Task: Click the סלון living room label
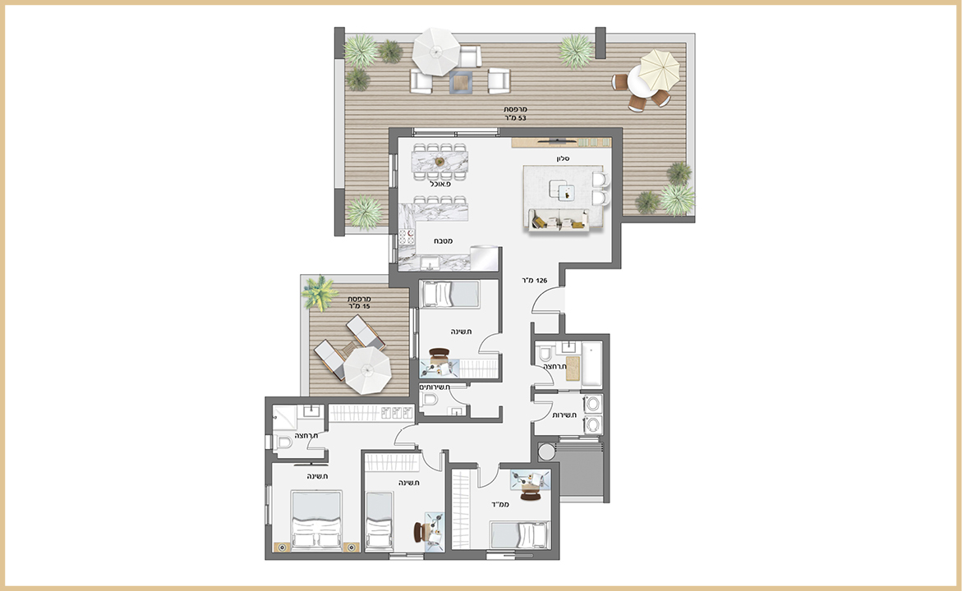(x=564, y=158)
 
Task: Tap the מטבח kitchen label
(x=444, y=241)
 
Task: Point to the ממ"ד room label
(x=500, y=505)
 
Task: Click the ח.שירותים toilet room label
(x=435, y=387)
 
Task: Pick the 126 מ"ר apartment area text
(x=533, y=281)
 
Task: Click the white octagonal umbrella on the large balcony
(x=435, y=52)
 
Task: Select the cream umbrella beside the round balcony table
(x=660, y=69)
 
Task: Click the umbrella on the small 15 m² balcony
(x=367, y=371)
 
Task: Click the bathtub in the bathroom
(x=591, y=364)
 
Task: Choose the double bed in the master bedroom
(x=316, y=520)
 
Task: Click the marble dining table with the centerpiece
(x=440, y=162)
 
